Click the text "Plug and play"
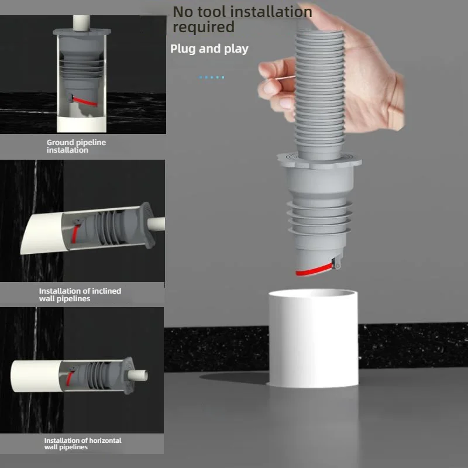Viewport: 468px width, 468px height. click(x=209, y=49)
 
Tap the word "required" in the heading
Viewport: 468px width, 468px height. click(x=203, y=27)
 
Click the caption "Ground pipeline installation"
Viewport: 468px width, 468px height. click(x=76, y=146)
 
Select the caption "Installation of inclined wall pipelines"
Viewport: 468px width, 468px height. click(x=80, y=295)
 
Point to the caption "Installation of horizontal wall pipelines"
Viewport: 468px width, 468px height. click(x=82, y=443)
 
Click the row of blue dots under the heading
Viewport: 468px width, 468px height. click(x=212, y=77)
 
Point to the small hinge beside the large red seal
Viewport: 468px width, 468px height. click(x=338, y=264)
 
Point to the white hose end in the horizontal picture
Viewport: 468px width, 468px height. click(x=140, y=372)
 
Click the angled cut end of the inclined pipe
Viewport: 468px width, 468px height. click(x=31, y=234)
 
